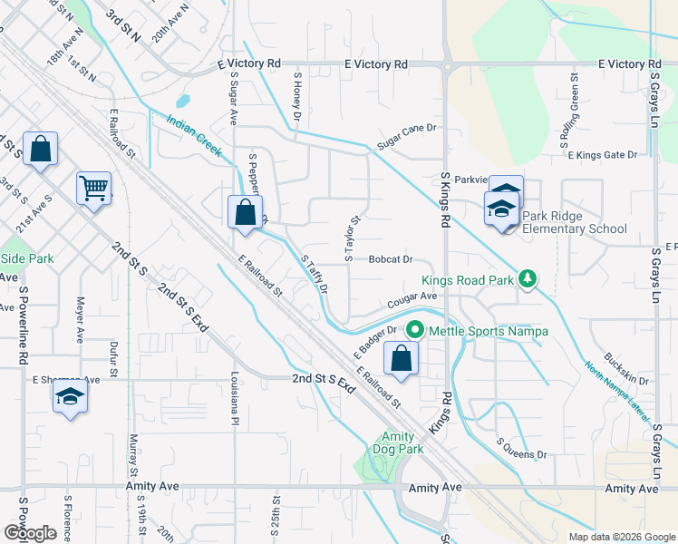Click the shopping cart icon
(x=94, y=189)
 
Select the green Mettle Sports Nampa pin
(x=416, y=331)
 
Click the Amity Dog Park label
(x=398, y=442)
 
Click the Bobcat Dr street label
(x=391, y=259)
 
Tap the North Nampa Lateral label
(x=618, y=392)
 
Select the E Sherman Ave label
(x=66, y=380)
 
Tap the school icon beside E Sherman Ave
(x=70, y=398)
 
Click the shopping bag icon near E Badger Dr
(x=401, y=358)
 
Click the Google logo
(x=30, y=533)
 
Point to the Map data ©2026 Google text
(x=620, y=536)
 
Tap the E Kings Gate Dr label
(x=602, y=155)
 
